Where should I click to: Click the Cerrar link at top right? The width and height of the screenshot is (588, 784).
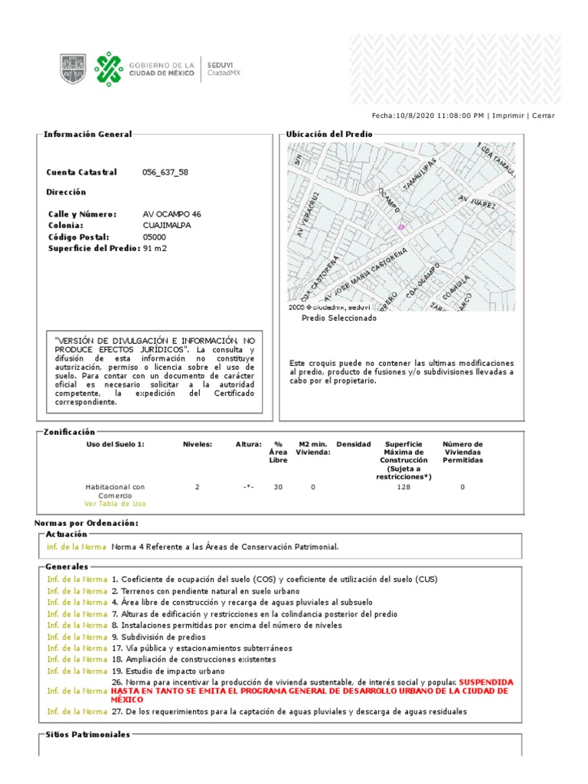(544, 116)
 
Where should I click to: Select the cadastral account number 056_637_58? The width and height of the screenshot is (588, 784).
(165, 172)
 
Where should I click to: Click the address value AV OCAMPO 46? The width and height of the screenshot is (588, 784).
(172, 214)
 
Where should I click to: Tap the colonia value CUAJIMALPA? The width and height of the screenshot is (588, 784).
(167, 226)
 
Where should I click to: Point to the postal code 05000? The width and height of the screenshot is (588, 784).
(155, 237)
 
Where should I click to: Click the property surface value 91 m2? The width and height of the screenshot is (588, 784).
(155, 248)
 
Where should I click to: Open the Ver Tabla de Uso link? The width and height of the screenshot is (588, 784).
(115, 504)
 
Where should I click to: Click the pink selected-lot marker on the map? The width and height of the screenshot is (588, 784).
(400, 227)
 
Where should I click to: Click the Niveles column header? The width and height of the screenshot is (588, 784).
(197, 444)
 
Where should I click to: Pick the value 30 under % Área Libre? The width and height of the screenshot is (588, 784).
(278, 487)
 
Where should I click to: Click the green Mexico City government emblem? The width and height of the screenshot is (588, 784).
(108, 68)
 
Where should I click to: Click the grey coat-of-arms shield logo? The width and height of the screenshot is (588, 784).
(73, 68)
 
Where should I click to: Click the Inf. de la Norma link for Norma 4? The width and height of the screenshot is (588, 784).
(76, 547)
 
